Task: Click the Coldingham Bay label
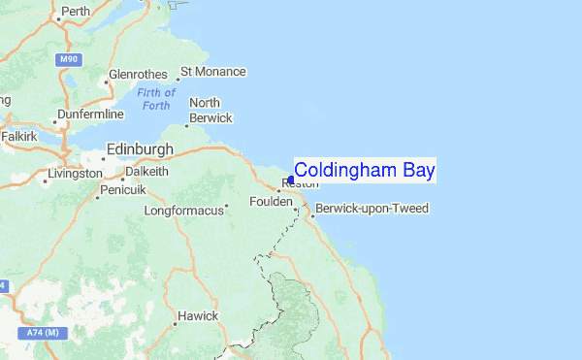point(364,170)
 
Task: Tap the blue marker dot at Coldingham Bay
point(291,180)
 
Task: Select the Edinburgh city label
point(139,149)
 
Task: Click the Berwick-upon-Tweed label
point(372,209)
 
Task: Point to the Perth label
point(75,13)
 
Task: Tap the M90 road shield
point(68,59)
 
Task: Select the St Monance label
point(213,72)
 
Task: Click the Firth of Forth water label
point(156,99)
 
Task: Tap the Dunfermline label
point(91,114)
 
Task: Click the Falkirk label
point(18,137)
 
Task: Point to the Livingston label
point(76,174)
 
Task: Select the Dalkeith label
point(145,172)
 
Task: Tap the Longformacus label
point(182,210)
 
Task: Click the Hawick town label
point(198,317)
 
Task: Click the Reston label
point(300,184)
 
